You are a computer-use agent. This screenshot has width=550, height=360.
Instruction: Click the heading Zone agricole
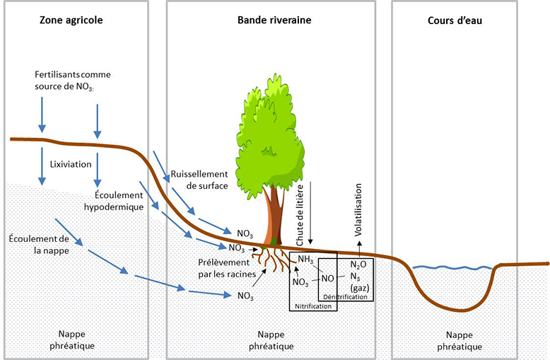click(x=70, y=21)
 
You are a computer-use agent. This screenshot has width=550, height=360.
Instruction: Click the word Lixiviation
click(x=71, y=164)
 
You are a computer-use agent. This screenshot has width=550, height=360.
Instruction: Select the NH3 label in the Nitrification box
click(x=305, y=260)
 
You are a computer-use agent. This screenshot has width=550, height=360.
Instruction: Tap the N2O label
click(x=359, y=265)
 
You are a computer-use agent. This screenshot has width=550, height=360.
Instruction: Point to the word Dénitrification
click(x=346, y=297)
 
